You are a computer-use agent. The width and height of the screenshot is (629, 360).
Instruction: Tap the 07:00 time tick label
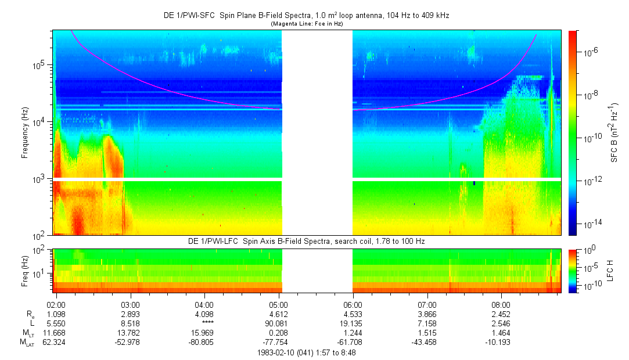click(x=427, y=304)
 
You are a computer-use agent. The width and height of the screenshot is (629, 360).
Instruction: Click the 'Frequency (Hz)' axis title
click(x=25, y=133)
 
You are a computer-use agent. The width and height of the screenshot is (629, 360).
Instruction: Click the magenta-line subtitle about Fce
click(x=307, y=24)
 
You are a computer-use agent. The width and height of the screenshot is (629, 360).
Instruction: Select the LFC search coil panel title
click(x=306, y=240)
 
